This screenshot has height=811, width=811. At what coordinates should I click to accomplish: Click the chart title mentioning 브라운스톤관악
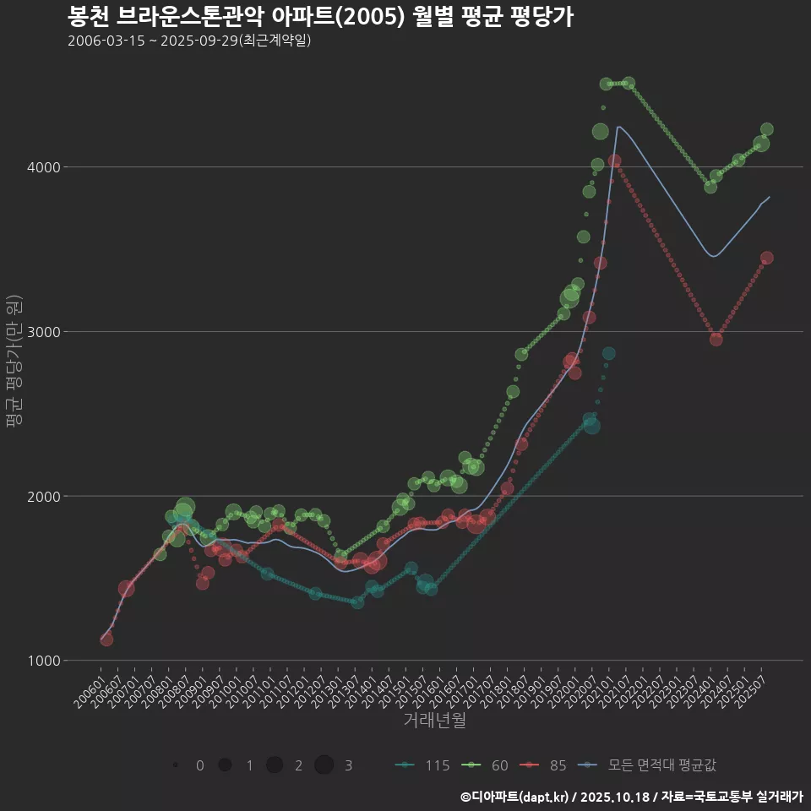tap(320, 17)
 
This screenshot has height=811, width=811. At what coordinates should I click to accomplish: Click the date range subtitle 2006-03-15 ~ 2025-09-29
tap(189, 41)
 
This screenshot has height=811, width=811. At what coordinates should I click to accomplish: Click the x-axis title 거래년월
tap(434, 721)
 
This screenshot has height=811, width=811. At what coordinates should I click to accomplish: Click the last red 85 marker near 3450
tap(766, 259)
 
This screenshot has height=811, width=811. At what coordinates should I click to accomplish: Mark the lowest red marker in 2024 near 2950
tap(716, 339)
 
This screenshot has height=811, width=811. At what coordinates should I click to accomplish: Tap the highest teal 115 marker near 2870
tap(608, 353)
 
